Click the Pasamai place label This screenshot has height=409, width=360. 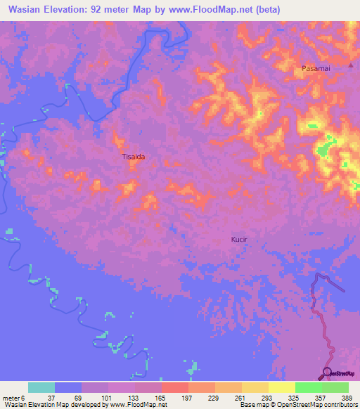(314, 68)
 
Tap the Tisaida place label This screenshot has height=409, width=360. (134, 157)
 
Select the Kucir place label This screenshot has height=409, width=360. (240, 240)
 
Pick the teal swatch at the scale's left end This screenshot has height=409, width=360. (41, 387)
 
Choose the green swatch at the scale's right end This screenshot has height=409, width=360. (335, 387)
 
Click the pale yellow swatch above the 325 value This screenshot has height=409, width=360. (281, 387)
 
